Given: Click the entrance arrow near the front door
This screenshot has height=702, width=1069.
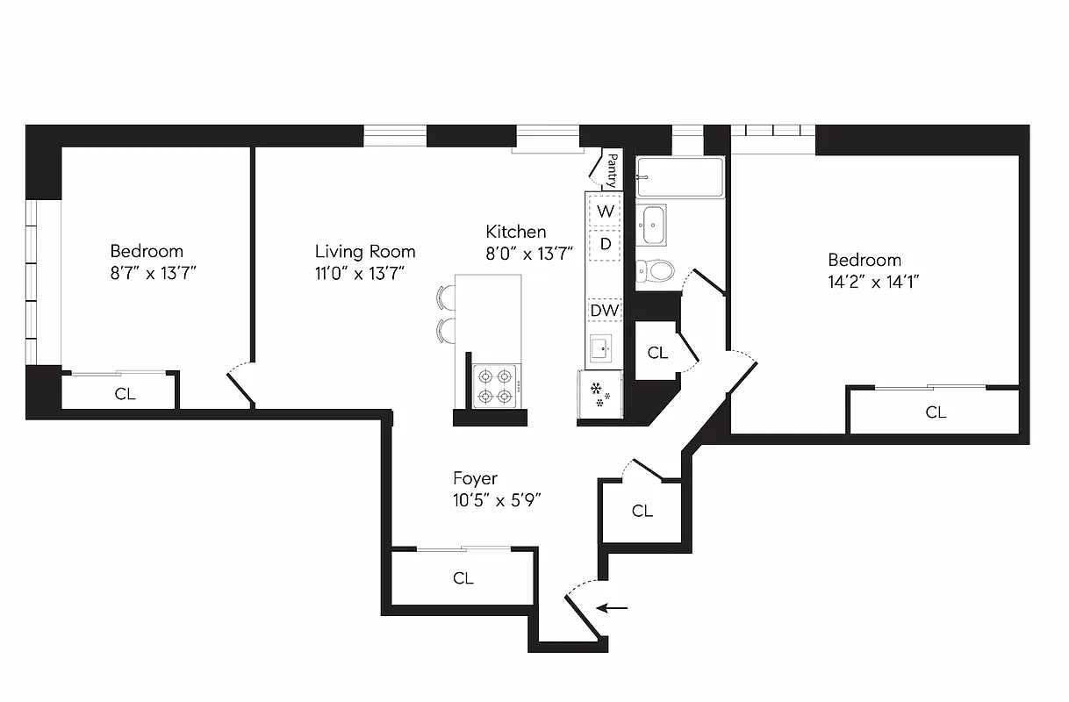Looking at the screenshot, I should click(613, 607).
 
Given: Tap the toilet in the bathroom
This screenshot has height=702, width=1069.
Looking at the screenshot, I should click(655, 269).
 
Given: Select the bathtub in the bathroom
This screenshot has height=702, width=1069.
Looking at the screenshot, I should click(680, 178).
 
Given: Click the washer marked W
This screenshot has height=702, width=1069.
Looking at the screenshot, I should click(605, 211).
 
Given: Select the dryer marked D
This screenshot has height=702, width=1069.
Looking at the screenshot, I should click(605, 244).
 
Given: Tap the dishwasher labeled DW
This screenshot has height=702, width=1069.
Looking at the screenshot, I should click(604, 310).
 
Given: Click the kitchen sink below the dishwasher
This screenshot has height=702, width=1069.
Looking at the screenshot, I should click(602, 350).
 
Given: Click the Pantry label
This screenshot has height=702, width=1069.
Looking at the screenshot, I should click(612, 170).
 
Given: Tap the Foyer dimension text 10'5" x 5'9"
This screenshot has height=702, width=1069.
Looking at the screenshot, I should click(496, 501).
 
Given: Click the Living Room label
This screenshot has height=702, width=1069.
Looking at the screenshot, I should click(365, 251).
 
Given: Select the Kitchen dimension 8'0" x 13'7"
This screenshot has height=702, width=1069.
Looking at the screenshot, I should click(529, 254).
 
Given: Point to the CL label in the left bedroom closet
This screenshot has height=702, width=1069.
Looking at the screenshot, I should click(126, 394).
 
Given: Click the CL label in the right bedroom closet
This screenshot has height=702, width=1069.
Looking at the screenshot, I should click(936, 412).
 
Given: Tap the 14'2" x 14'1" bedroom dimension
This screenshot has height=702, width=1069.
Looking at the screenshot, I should click(873, 282).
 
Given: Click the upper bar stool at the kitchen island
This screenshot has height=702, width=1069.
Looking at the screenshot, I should click(446, 297).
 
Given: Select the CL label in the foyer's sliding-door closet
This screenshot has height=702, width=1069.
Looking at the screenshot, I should click(463, 578).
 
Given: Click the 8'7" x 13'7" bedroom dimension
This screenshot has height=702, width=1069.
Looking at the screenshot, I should click(153, 273).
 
